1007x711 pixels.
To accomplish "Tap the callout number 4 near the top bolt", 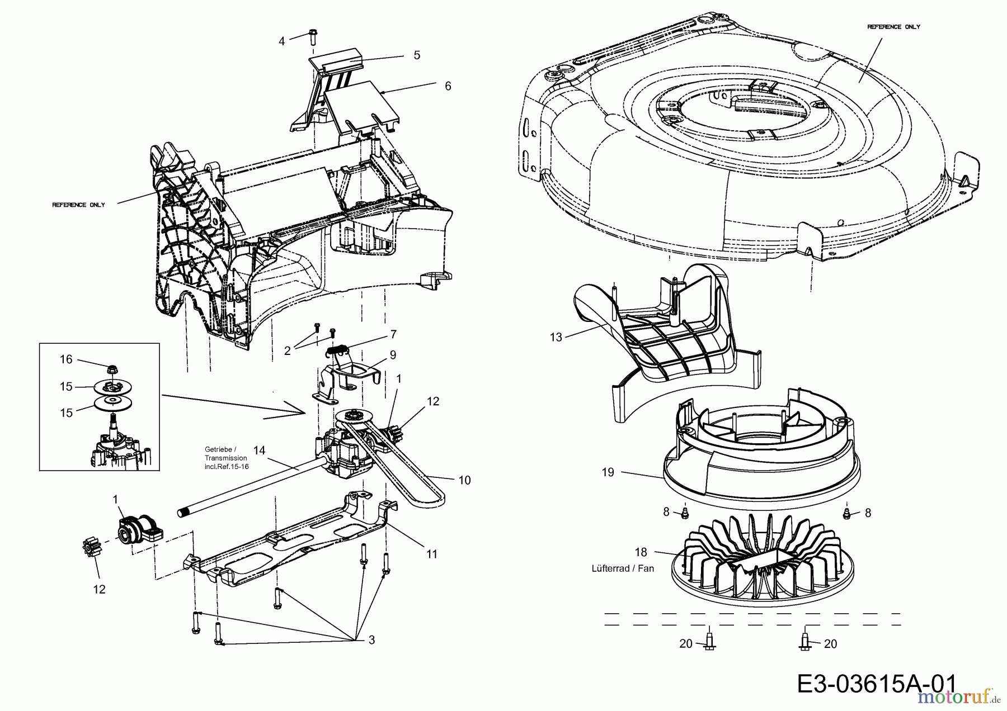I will pyautogui.click(x=282, y=41).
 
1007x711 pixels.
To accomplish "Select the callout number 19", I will pyautogui.click(x=608, y=472).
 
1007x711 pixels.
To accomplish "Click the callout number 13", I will pyautogui.click(x=556, y=338).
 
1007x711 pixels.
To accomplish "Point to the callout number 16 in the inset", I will pyautogui.click(x=66, y=359).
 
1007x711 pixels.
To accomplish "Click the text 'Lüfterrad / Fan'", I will pyautogui.click(x=623, y=568).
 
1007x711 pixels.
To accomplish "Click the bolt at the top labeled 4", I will pyautogui.click(x=313, y=37).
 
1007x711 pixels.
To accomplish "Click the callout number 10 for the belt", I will pyautogui.click(x=464, y=480).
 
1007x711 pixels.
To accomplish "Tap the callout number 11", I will pyautogui.click(x=431, y=554).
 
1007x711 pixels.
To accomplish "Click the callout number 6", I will pyautogui.click(x=448, y=86).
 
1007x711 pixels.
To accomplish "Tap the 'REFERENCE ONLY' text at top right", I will pyautogui.click(x=893, y=27).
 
